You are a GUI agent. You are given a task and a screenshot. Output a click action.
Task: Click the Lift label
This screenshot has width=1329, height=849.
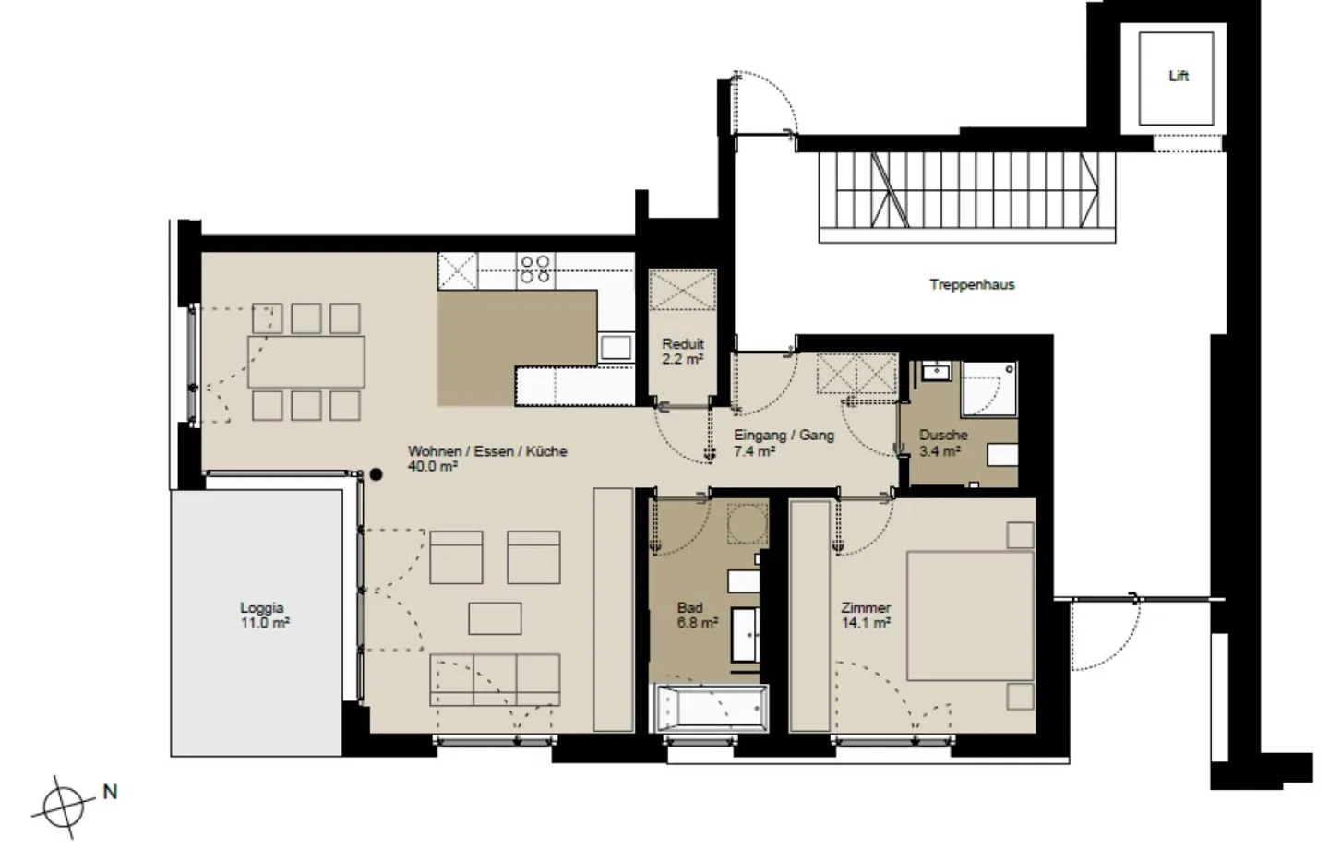coord(1179,76)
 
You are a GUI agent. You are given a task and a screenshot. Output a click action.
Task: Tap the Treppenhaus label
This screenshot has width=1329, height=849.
coord(972,285)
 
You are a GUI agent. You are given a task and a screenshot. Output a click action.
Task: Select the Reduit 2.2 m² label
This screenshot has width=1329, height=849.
coord(683,352)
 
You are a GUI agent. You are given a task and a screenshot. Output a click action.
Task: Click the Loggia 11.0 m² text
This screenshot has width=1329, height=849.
coord(265,616)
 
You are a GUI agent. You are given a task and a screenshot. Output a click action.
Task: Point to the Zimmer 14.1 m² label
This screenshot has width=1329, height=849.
coord(866,616)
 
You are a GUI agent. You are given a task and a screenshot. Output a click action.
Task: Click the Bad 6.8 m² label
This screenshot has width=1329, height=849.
coord(697,616)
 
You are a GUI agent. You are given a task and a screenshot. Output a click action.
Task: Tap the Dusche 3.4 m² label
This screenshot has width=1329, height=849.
coord(943,443)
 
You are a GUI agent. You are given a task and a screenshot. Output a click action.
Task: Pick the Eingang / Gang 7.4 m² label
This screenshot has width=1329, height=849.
coord(784,443)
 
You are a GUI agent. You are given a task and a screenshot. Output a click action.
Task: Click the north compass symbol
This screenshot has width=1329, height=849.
coord(63,807)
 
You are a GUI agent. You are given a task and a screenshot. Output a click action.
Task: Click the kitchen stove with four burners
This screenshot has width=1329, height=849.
coord(535,270)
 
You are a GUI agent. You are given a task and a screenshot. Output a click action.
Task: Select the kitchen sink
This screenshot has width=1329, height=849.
coord(616,348)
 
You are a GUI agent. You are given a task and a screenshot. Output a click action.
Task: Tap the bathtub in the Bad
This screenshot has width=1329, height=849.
coord(711,709)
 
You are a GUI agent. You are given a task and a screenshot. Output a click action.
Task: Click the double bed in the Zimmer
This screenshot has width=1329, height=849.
coord(971,616)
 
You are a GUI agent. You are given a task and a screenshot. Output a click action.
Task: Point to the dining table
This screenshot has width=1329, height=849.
coord(306,362)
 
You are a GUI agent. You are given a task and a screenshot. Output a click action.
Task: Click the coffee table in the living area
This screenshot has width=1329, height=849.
coord(495,619)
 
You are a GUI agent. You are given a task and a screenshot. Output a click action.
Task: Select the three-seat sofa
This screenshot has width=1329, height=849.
coord(495,680)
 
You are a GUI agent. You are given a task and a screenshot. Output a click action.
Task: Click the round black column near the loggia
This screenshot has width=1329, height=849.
coord(376,474)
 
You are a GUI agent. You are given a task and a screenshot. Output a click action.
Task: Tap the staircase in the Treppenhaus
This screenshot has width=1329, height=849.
coord(966,197)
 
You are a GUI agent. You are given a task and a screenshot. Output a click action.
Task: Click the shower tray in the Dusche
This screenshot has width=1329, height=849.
coord(989,389)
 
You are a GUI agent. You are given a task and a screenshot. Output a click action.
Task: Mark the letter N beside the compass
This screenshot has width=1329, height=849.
coord(111,792)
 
